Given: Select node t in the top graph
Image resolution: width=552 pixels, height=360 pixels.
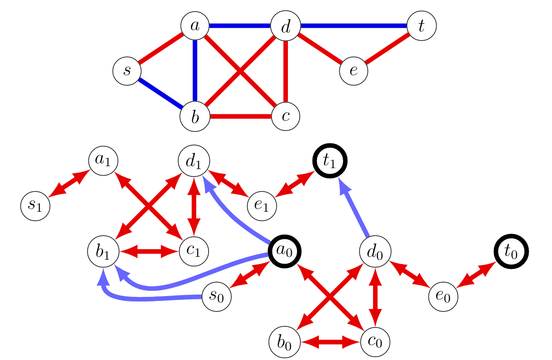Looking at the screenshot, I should click(422, 26).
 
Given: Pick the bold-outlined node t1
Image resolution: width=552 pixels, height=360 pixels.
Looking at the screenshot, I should click(330, 161).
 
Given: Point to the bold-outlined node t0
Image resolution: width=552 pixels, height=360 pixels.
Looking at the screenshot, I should click(511, 252).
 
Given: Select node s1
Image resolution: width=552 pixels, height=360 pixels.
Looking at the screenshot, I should click(35, 205).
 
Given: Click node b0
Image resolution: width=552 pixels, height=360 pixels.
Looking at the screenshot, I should click(284, 342).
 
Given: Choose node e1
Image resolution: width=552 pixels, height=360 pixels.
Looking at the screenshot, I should click(262, 205).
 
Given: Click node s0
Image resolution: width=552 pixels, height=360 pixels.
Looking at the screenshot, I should click(216, 297).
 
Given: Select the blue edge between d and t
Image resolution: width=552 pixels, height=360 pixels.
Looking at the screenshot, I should click(354, 26).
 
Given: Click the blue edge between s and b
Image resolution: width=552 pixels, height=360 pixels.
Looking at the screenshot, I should click(160, 94).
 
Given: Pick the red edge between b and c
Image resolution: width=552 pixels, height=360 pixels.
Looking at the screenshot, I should click(240, 117).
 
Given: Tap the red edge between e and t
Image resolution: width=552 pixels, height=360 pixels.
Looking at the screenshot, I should click(388, 48).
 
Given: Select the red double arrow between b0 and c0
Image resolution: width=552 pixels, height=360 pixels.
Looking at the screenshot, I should click(330, 342).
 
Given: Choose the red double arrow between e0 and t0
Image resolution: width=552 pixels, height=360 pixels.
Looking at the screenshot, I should click(477, 275).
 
